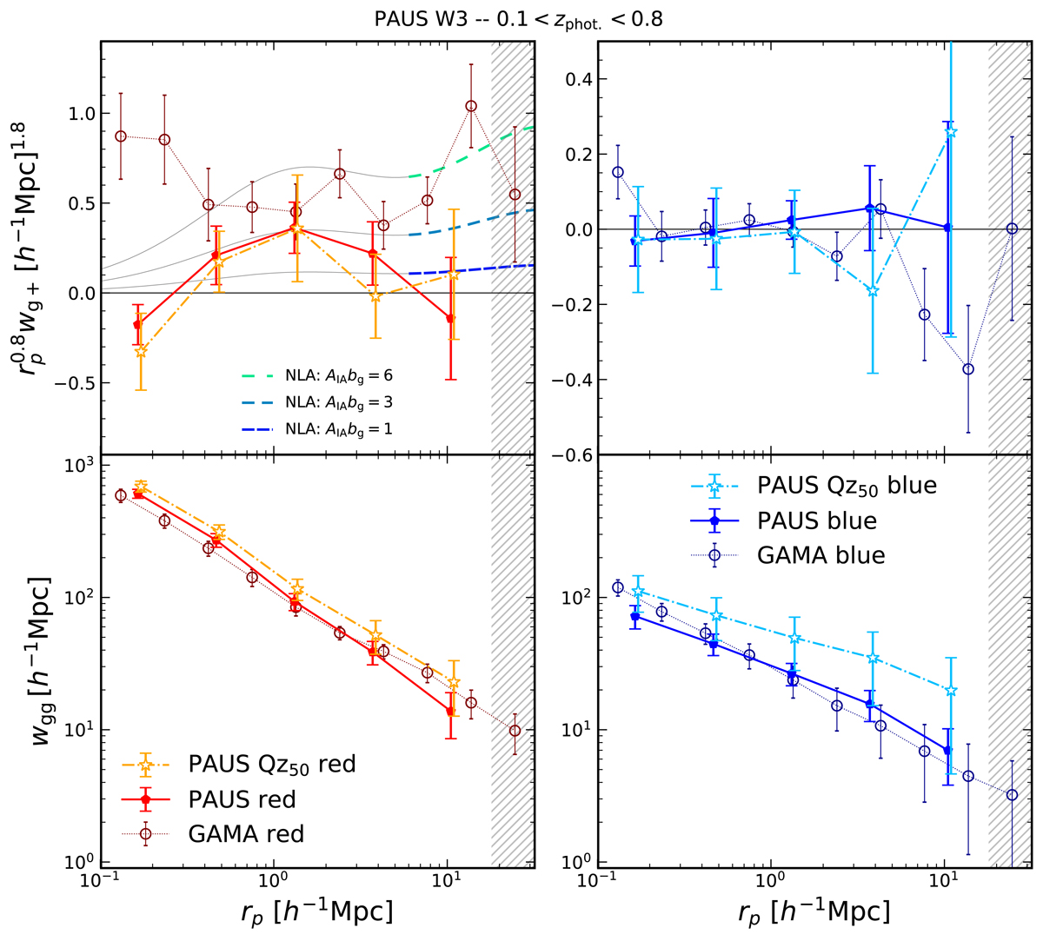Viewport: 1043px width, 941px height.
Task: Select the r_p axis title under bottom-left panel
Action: click(316, 912)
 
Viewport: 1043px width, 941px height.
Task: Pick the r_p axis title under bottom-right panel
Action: click(814, 912)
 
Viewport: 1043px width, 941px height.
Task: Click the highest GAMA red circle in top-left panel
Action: click(471, 106)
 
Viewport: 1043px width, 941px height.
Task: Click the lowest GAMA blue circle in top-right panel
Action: click(968, 369)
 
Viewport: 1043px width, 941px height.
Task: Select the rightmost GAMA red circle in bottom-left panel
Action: click(515, 731)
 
